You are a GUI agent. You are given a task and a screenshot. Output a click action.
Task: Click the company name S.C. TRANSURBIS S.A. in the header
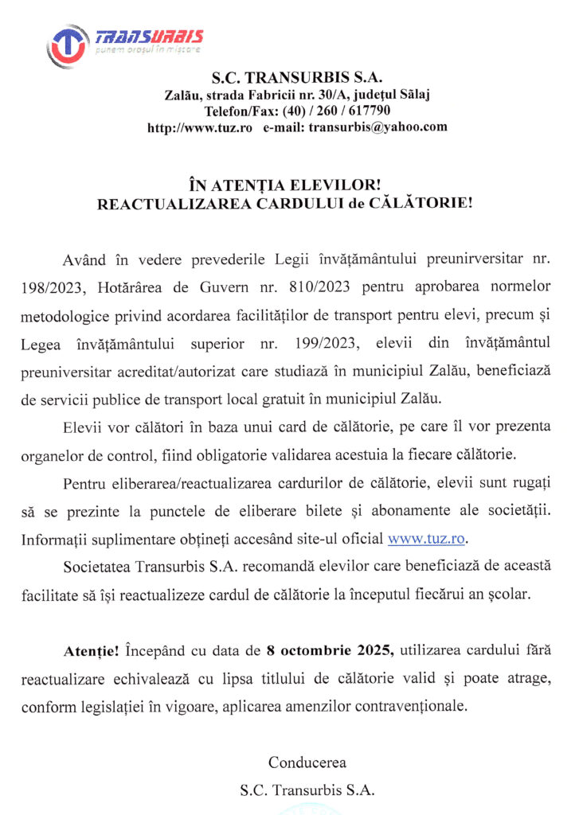(297, 78)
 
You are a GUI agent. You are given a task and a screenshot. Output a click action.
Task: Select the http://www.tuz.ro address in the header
(200, 127)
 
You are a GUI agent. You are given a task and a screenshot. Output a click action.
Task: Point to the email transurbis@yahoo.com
(378, 127)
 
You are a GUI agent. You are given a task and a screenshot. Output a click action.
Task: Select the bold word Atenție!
(91, 650)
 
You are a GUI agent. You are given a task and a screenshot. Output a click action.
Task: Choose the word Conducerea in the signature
(307, 762)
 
